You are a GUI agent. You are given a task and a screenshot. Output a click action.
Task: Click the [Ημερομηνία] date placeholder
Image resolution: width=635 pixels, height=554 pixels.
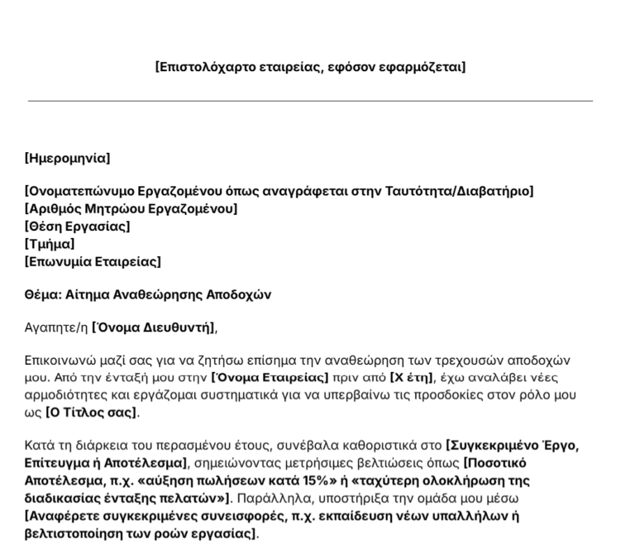point(67,158)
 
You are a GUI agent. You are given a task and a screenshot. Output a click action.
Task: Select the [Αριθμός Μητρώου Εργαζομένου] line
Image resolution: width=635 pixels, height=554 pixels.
point(131,209)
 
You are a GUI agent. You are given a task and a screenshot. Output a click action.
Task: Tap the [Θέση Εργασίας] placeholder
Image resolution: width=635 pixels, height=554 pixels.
point(78,227)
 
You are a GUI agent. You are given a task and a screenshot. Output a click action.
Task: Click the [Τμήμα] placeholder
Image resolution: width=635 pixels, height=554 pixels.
point(50,244)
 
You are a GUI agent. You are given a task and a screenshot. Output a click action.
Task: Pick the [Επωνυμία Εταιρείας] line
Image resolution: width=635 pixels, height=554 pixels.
point(93,262)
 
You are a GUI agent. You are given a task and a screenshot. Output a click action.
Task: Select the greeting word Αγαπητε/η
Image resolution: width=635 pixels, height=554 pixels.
point(56,327)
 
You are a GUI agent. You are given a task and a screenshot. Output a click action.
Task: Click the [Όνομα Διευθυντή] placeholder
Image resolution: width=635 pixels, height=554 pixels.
point(154,327)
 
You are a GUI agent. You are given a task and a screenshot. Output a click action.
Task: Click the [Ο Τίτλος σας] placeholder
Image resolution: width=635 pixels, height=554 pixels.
point(92,412)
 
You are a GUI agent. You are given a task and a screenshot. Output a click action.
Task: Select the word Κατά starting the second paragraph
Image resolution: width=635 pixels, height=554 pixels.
point(39,447)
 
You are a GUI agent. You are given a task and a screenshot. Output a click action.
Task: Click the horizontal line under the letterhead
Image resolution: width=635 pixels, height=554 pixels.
point(310,101)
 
